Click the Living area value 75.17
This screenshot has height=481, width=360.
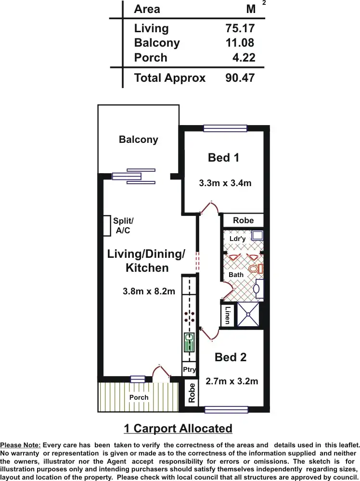(240, 28)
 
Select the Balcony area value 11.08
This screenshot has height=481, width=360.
(240, 43)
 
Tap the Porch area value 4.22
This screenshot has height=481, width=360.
(244, 58)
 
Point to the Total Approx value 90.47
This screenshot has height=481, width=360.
(240, 78)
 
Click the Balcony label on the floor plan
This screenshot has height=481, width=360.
(138, 139)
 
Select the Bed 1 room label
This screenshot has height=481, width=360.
(223, 157)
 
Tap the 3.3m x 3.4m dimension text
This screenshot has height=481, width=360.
(225, 183)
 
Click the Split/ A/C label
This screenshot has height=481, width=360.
(123, 226)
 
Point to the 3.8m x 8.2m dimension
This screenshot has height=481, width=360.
(149, 291)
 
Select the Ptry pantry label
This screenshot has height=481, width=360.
(189, 369)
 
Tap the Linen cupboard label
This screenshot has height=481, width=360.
(228, 315)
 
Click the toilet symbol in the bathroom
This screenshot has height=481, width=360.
(256, 268)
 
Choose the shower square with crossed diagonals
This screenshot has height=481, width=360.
(248, 314)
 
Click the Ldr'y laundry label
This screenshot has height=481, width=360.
(237, 239)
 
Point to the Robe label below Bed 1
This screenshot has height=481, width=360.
(243, 220)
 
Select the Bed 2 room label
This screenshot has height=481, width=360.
(231, 357)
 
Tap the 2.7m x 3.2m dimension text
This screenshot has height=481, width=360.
(231, 381)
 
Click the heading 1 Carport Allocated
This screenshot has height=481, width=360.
(178, 428)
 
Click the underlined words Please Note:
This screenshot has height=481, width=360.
(20, 445)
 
